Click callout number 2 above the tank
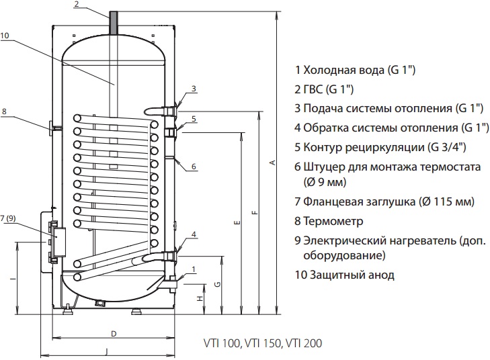pos(77,5)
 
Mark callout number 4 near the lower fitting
pos(194,234)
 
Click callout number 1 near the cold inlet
pos(194,270)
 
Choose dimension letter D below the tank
pos(114,333)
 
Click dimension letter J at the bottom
pos(107,351)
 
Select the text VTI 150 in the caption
pos(263,343)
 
